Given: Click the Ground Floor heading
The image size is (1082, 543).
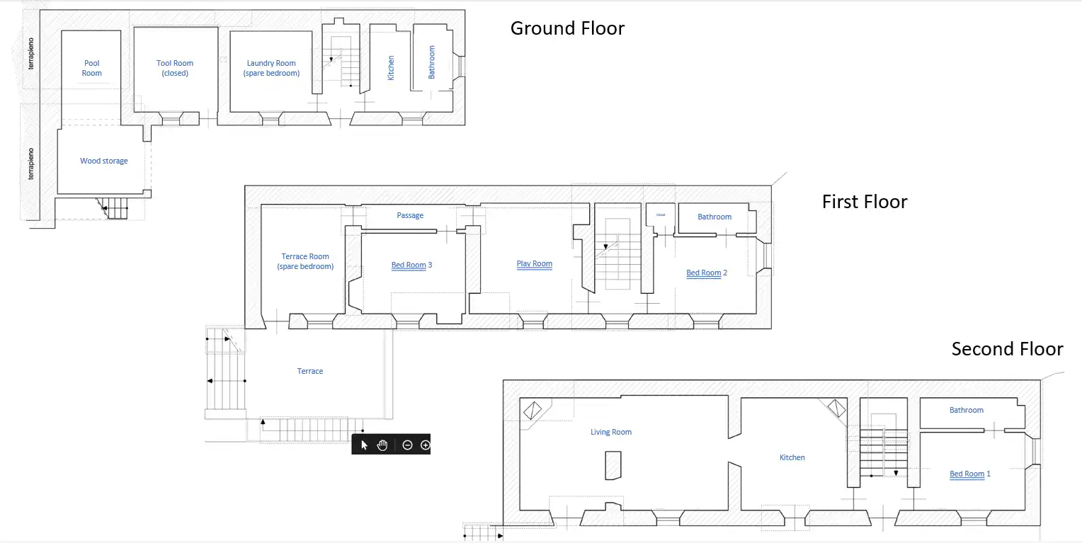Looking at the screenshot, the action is coord(567,28).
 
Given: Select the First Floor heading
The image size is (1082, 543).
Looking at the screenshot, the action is coord(865,202).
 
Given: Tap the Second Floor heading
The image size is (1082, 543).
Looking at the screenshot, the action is coord(1007,349).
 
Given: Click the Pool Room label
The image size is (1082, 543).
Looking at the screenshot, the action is coord(92,68).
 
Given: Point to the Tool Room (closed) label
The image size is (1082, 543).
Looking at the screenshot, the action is coord(175,68).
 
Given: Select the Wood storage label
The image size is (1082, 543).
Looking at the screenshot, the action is coord(104,161).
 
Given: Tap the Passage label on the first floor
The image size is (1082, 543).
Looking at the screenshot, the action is coord(410,215).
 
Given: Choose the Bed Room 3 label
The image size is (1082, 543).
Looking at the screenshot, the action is coord(411,265).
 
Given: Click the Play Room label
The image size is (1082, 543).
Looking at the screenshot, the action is coord(534,264).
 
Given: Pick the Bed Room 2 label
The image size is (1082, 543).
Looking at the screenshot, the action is coord(707,273).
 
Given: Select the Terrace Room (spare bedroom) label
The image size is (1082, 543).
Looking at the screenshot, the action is coord(305,261).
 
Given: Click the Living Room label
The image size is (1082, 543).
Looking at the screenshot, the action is coord(611,432).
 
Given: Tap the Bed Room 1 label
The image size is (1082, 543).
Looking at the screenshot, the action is coord(970,474).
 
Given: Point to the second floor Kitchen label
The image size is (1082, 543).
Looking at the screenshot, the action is coord(792,457).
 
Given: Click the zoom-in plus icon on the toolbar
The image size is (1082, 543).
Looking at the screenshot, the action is coord(425,445).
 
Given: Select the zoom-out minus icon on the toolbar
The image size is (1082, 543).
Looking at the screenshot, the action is coord(407,445).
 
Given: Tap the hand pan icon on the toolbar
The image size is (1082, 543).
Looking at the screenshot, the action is coord(382,445).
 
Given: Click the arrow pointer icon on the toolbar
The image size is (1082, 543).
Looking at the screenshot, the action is coord(364,445).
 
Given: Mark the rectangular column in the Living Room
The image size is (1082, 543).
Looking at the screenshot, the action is coord(613,465).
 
